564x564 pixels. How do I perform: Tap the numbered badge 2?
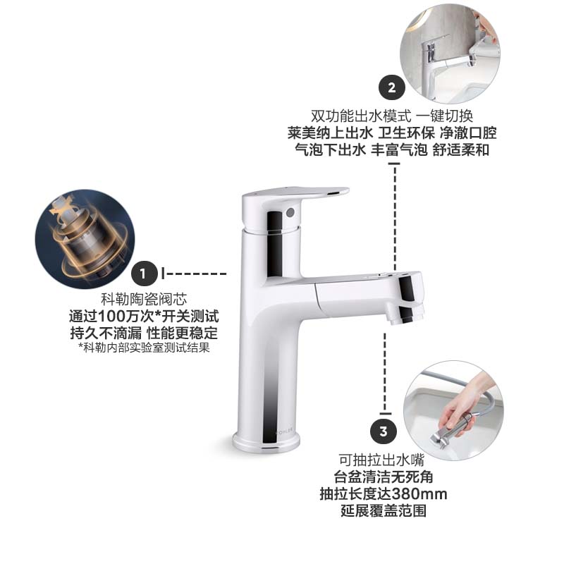point(392,88)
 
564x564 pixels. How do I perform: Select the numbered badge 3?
point(383,431)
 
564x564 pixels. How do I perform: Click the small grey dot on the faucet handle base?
point(288,211)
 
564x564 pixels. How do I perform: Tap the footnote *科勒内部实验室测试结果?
point(144,347)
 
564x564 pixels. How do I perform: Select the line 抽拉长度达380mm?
point(383,493)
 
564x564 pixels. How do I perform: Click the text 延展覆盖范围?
point(383,510)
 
